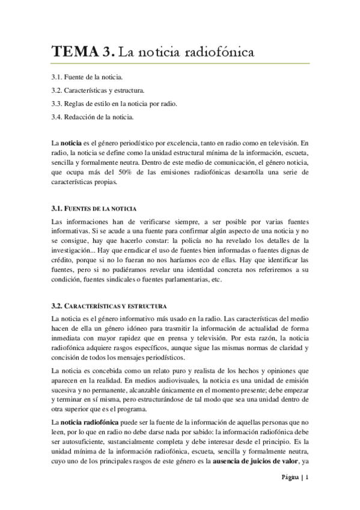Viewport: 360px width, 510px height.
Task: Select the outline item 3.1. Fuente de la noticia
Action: (87, 78)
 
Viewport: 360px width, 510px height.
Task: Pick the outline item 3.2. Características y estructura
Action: (98, 91)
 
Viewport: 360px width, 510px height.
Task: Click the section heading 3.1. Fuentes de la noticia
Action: (94, 208)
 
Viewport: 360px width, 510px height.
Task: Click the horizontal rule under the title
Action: (180, 63)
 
